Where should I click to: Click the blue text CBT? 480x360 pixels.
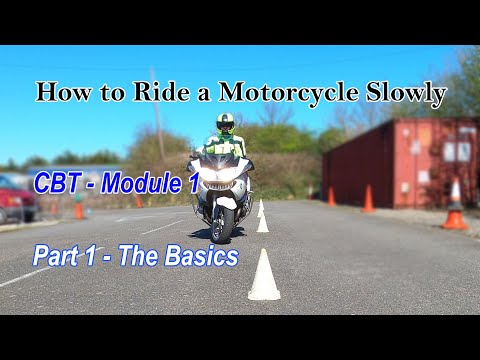pos(56,184)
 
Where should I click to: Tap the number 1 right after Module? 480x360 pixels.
pos(193,184)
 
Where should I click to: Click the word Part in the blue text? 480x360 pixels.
pos(56,256)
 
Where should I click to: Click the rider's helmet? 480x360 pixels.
pos(225,123)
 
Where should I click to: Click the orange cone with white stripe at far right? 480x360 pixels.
pos(455,206)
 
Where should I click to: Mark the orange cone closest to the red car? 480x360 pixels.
pos(79,209)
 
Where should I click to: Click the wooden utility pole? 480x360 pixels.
pos(159,130)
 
